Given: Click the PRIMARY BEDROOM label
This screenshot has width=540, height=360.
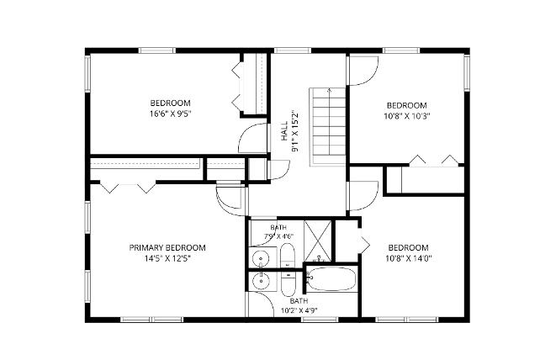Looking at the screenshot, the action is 167,247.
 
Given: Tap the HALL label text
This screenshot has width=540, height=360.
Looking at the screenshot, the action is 284,131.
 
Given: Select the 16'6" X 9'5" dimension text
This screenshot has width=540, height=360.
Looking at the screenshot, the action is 170,114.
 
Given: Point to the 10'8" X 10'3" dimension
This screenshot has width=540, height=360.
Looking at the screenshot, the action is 407,116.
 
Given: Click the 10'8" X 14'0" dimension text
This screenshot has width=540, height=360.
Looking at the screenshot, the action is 409,258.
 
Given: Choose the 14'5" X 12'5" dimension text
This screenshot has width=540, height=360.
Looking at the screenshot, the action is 167,258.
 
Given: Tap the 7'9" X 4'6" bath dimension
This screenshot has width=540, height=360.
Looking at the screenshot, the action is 278,236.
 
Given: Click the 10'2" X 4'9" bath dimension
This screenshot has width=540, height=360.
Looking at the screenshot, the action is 299,310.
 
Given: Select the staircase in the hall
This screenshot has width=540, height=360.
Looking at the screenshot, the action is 327,127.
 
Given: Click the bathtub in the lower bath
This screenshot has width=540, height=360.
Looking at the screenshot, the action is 331,278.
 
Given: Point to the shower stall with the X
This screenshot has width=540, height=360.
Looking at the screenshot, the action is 318,241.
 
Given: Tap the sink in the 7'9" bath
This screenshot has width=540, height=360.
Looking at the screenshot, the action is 261,257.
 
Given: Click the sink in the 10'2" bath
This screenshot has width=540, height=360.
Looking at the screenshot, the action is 261,281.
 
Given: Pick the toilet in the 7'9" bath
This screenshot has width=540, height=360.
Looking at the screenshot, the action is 287,255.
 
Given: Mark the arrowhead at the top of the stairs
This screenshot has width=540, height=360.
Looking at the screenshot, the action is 330,91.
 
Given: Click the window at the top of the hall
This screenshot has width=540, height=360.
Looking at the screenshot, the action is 293,50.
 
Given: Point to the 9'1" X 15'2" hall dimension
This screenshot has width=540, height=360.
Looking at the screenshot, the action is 295,131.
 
